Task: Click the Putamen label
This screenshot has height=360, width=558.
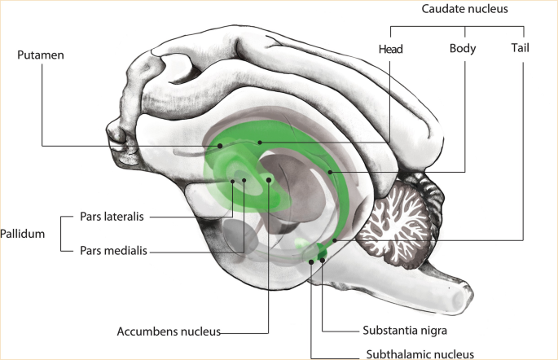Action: point(41,55)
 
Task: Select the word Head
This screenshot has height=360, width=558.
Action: point(391,49)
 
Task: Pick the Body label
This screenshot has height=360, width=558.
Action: point(463,49)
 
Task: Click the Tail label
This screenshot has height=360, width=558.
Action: point(520,49)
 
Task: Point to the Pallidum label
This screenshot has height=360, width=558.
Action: point(22,234)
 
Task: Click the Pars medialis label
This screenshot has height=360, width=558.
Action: point(113,251)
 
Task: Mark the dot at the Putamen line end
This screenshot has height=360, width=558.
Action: point(220,147)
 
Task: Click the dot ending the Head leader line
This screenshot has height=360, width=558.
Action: point(260,143)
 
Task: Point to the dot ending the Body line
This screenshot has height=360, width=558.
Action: point(330,172)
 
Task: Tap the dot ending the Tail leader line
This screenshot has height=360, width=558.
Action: point(335,241)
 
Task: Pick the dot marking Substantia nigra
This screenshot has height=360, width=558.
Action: point(323,260)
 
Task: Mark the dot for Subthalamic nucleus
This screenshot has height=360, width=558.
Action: point(311,262)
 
